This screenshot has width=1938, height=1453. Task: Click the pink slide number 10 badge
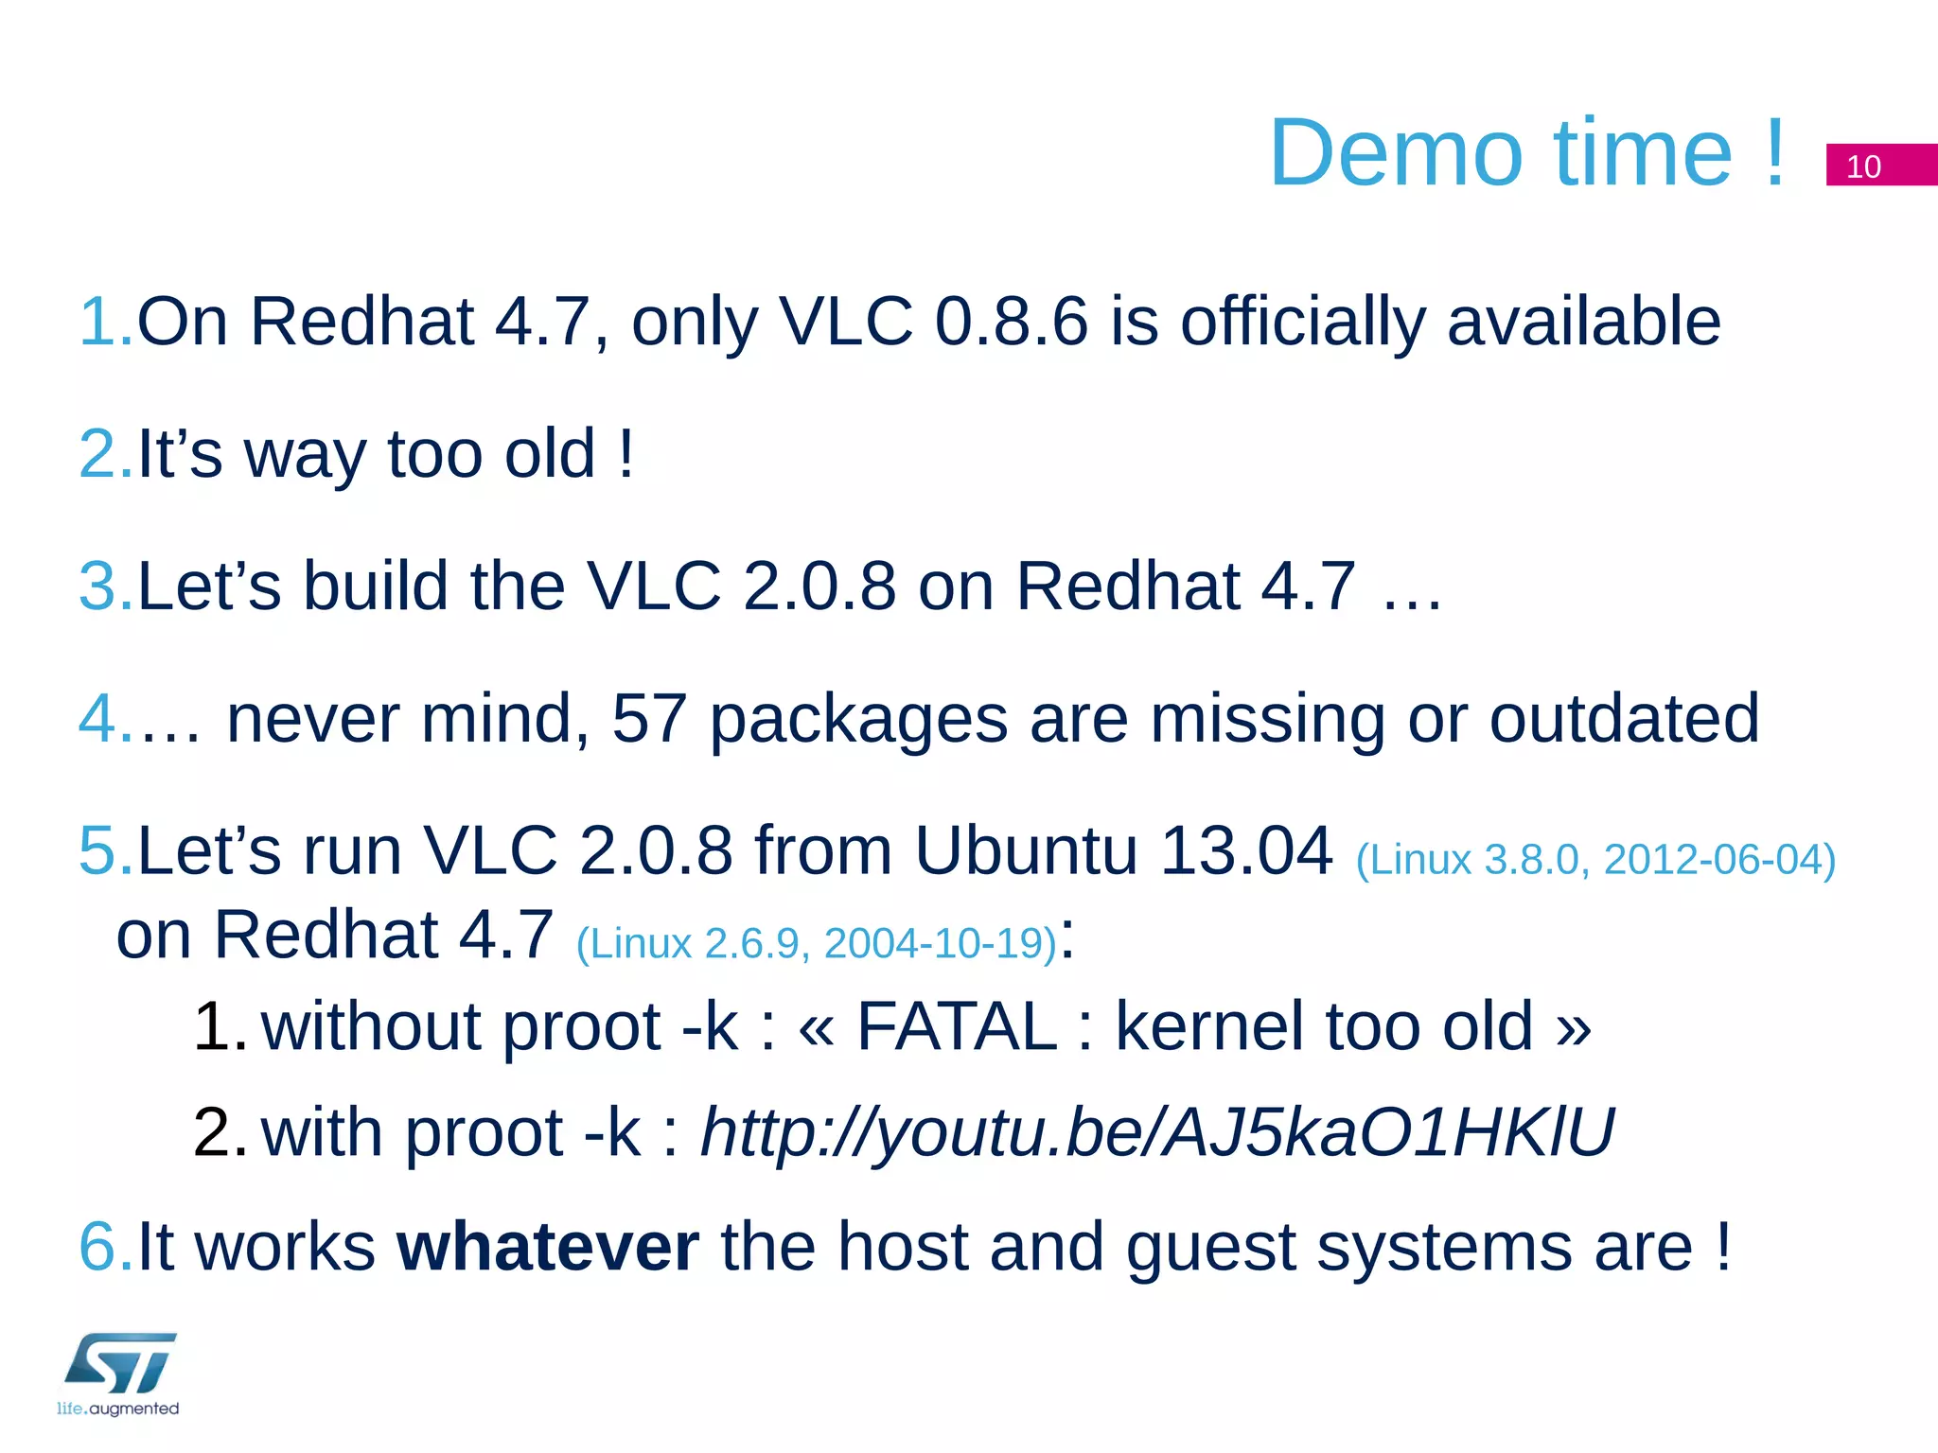tap(1879, 166)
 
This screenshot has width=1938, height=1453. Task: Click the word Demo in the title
tap(1396, 153)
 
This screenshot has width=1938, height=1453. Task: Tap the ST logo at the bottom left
tap(120, 1362)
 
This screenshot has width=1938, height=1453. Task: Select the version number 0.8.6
tap(1011, 322)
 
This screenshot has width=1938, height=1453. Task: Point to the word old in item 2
tap(549, 454)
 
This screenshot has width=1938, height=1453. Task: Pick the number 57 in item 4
tap(649, 719)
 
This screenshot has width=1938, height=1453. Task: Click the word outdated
tap(1624, 719)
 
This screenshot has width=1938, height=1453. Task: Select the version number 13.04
tap(1245, 851)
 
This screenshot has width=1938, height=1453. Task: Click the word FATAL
tap(956, 1027)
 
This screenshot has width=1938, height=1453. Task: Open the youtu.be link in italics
tap(1156, 1133)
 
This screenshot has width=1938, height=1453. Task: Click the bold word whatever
tap(547, 1248)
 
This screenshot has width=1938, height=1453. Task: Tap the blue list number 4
tap(97, 719)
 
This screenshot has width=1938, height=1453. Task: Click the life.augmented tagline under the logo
tap(117, 1409)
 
